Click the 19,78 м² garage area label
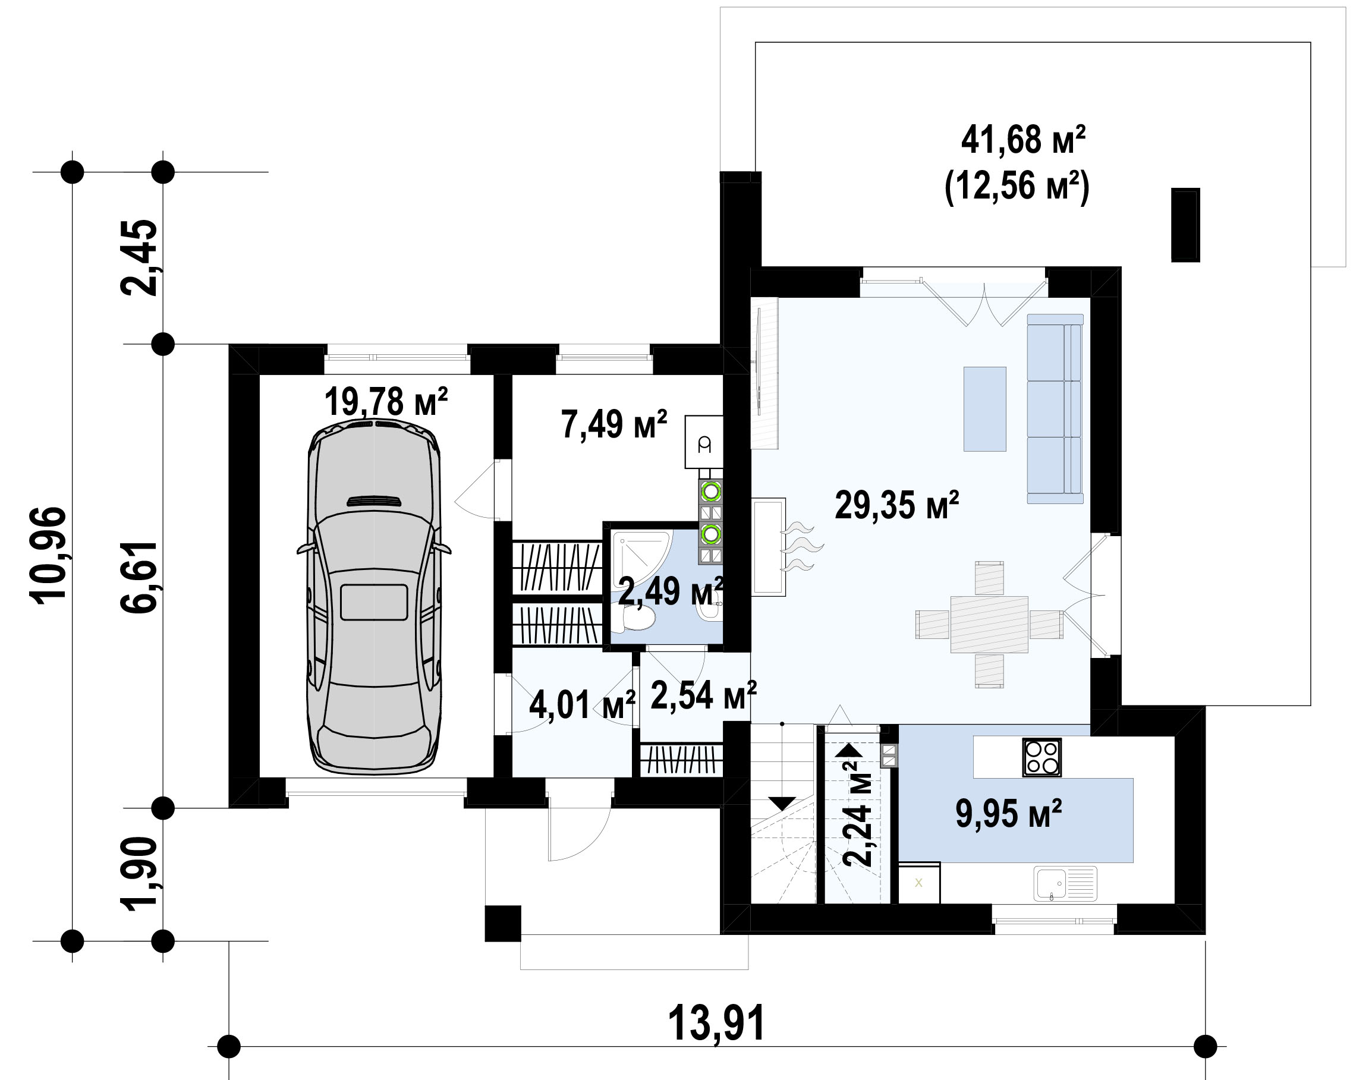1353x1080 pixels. pos(386,402)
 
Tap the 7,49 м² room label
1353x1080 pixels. pos(613,424)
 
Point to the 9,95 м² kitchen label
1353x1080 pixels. pos(1008,814)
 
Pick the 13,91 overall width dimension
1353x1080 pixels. pos(716,1023)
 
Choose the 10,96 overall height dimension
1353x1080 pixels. pos(48,555)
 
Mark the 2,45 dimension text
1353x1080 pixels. pos(139,257)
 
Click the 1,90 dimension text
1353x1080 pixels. pos(139,874)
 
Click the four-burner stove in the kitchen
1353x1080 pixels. pos(1042,757)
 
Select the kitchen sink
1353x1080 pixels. pos(1066,884)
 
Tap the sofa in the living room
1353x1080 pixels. pos(1055,408)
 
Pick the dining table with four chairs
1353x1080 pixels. pos(989,625)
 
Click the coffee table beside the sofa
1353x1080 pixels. pos(984,409)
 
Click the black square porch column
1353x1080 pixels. pos(503,923)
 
